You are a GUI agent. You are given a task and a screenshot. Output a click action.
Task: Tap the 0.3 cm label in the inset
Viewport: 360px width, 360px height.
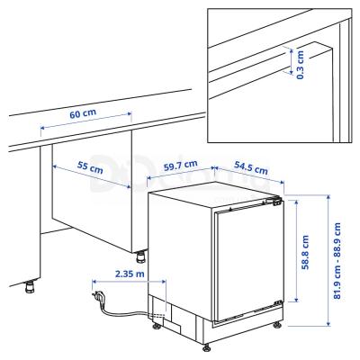click(x=301, y=63)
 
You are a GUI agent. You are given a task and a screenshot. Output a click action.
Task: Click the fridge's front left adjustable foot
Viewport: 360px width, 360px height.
click(x=208, y=345)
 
